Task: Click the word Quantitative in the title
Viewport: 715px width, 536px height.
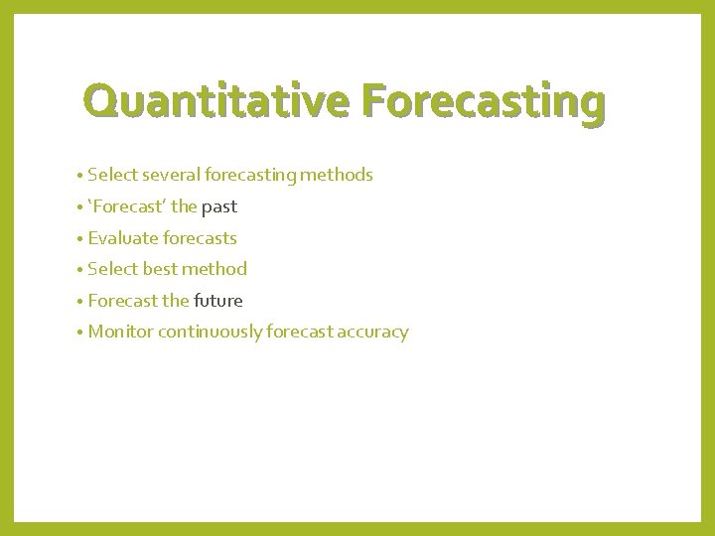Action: pos(217,102)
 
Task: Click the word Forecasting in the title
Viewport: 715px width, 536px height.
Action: pos(484,102)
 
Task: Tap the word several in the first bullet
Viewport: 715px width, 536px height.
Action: pos(172,176)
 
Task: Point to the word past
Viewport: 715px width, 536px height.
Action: pos(219,207)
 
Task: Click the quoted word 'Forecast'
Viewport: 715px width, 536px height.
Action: pos(126,207)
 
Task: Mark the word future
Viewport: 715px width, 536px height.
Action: pos(218,301)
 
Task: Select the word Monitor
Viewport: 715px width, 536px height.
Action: pos(120,333)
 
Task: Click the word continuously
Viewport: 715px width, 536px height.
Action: pos(209,333)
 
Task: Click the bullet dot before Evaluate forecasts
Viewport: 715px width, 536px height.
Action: pos(78,239)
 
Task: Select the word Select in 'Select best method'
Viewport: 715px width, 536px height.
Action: pos(112,269)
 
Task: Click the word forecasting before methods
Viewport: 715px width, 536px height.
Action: pos(250,176)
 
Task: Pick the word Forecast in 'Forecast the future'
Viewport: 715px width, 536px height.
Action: pos(121,301)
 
